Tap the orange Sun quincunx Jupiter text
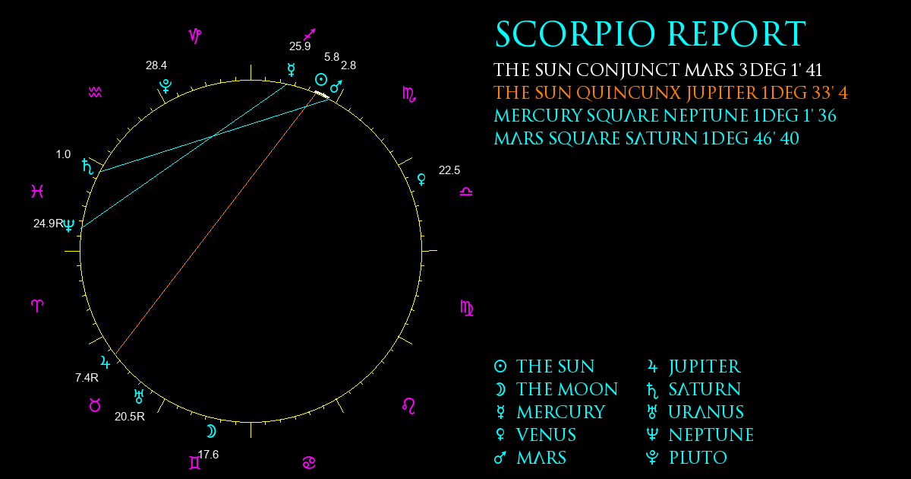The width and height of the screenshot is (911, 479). [x=670, y=93]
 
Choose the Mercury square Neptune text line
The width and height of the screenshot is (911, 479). [x=664, y=116]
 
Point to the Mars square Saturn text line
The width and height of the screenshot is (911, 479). [x=646, y=138]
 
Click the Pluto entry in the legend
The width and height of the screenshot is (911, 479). [x=686, y=458]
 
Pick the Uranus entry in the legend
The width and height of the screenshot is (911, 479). [x=695, y=412]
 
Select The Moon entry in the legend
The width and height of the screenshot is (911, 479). [x=556, y=389]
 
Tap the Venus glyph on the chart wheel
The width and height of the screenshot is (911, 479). [x=422, y=179]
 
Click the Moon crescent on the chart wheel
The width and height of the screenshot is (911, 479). [x=211, y=431]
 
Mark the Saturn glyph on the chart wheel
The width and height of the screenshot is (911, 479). [x=87, y=167]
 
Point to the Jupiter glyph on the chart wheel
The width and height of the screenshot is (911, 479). [x=106, y=362]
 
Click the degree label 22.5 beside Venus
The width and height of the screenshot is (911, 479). [x=449, y=170]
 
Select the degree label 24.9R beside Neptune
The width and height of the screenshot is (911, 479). [x=49, y=224]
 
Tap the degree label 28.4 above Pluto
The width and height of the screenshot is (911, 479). [x=156, y=65]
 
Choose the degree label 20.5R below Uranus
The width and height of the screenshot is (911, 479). [x=130, y=417]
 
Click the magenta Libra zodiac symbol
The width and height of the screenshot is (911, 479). [x=466, y=192]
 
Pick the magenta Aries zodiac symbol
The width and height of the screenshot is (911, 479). [x=37, y=306]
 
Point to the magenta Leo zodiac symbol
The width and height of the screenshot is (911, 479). [x=408, y=406]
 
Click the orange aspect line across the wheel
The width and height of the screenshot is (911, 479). [x=216, y=224]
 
